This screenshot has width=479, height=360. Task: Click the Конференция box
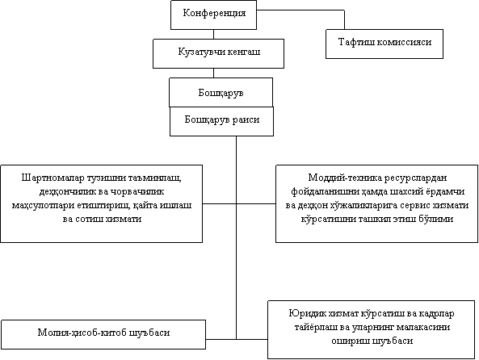(213, 15)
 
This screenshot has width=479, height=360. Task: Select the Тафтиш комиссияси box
(384, 44)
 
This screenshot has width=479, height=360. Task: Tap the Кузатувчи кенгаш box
(218, 53)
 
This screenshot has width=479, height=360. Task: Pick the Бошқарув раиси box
(221, 121)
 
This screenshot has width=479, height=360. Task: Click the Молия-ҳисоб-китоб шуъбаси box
(103, 334)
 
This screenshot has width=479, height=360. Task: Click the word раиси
(246, 119)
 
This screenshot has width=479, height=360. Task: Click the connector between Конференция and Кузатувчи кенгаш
(213, 34)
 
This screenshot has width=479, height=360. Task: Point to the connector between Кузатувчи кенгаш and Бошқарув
(213, 73)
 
